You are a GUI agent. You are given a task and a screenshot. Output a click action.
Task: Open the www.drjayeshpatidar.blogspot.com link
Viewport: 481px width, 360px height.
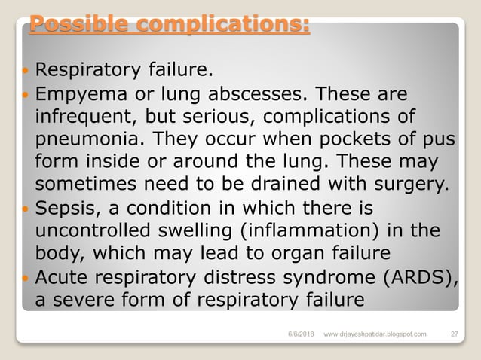374,332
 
